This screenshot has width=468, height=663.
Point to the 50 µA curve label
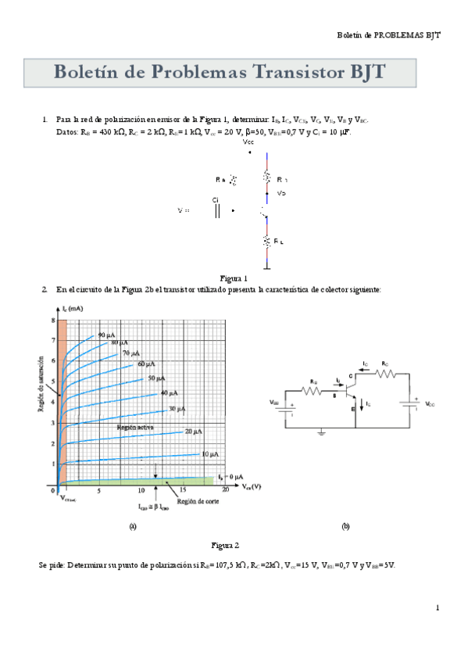[156, 378]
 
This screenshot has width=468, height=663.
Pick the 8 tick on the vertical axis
[53, 320]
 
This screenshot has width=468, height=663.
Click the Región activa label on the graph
[134, 428]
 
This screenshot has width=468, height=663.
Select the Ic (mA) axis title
[71, 310]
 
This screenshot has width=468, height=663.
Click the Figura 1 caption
[234, 278]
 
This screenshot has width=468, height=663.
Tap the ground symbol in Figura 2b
[322, 431]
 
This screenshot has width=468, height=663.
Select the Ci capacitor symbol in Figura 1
[217, 210]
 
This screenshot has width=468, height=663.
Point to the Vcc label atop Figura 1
[248, 142]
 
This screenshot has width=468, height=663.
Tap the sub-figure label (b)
[345, 526]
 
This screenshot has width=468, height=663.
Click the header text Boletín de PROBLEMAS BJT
[388, 36]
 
